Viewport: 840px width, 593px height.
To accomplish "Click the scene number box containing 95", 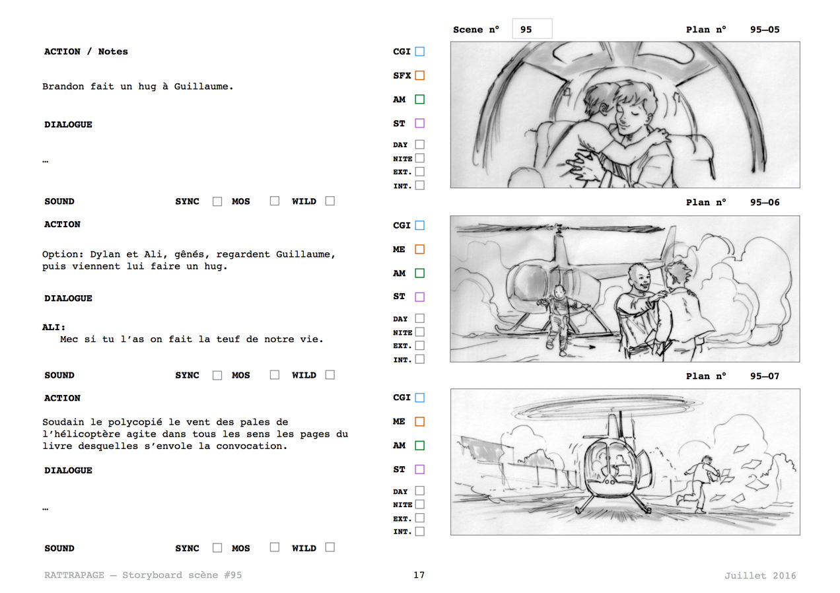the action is coord(532,28).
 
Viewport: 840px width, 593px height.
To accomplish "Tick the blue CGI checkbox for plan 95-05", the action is coord(419,52).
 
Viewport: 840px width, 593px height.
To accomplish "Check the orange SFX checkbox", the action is coord(419,75).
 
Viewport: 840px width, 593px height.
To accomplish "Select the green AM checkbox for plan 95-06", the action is coord(419,273).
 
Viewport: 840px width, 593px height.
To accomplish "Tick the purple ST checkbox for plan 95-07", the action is coord(419,470).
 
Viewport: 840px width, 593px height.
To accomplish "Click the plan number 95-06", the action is coord(765,203).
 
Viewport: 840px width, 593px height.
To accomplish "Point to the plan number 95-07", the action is coord(765,376).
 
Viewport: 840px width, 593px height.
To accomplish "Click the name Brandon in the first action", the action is coord(63,87).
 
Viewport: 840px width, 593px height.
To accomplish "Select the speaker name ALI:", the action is coord(53,327).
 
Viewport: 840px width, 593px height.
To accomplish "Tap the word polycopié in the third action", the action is coord(135,423).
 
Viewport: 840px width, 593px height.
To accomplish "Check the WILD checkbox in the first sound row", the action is coord(330,201).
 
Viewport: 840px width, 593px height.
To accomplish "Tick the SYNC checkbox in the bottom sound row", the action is coord(217,547).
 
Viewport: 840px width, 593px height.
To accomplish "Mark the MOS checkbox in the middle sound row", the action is coord(275,374).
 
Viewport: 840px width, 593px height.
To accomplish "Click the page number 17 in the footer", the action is coord(419,575).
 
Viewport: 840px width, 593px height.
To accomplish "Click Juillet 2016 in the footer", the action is coord(760,575).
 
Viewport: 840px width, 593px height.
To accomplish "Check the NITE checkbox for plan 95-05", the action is coord(419,158).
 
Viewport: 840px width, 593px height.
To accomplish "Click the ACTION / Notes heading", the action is coord(86,52).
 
